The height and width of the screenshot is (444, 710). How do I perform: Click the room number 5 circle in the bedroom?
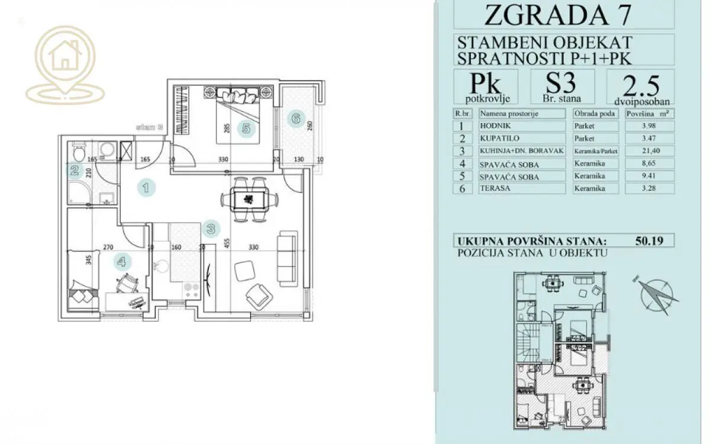click(x=246, y=128)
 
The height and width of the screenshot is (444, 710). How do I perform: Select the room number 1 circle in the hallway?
click(x=146, y=188)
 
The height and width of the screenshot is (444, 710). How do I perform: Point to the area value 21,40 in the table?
click(x=650, y=151)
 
